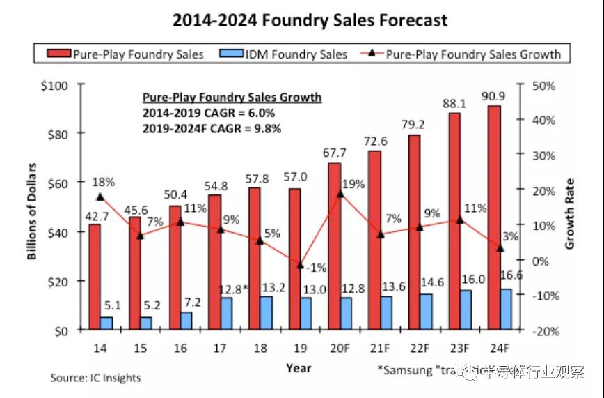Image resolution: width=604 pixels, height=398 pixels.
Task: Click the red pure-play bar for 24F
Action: tap(494, 216)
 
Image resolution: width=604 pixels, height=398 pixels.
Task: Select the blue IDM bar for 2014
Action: tap(106, 323)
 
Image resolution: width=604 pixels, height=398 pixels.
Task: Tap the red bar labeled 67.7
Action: tap(335, 246)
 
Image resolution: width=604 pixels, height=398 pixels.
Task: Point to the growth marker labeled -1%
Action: tap(300, 266)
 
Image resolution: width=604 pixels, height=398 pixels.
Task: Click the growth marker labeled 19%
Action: tap(340, 194)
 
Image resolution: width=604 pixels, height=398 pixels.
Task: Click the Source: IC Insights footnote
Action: tap(95, 378)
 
